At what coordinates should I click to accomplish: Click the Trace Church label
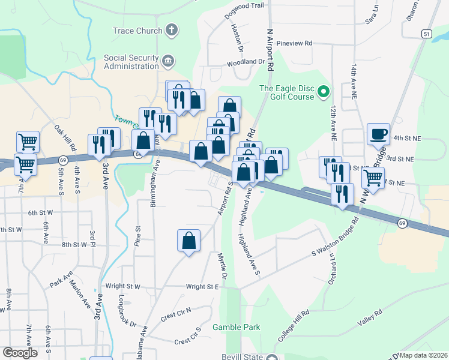(137, 31)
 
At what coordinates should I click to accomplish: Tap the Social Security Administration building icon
(168, 60)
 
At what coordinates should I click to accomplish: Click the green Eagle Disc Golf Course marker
(324, 92)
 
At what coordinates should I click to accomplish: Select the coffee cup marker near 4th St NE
(378, 134)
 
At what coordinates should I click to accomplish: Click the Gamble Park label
(237, 327)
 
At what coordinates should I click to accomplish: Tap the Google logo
(20, 353)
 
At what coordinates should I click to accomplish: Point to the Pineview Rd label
(300, 43)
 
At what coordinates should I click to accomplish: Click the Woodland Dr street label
(246, 62)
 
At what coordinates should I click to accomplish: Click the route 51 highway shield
(426, 34)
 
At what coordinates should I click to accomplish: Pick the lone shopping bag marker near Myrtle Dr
(188, 241)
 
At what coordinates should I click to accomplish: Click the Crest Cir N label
(175, 312)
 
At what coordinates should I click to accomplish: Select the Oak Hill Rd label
(65, 138)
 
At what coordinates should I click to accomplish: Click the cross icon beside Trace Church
(172, 30)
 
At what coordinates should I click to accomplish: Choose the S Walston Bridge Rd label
(334, 237)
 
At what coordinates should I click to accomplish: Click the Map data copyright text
(423, 355)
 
